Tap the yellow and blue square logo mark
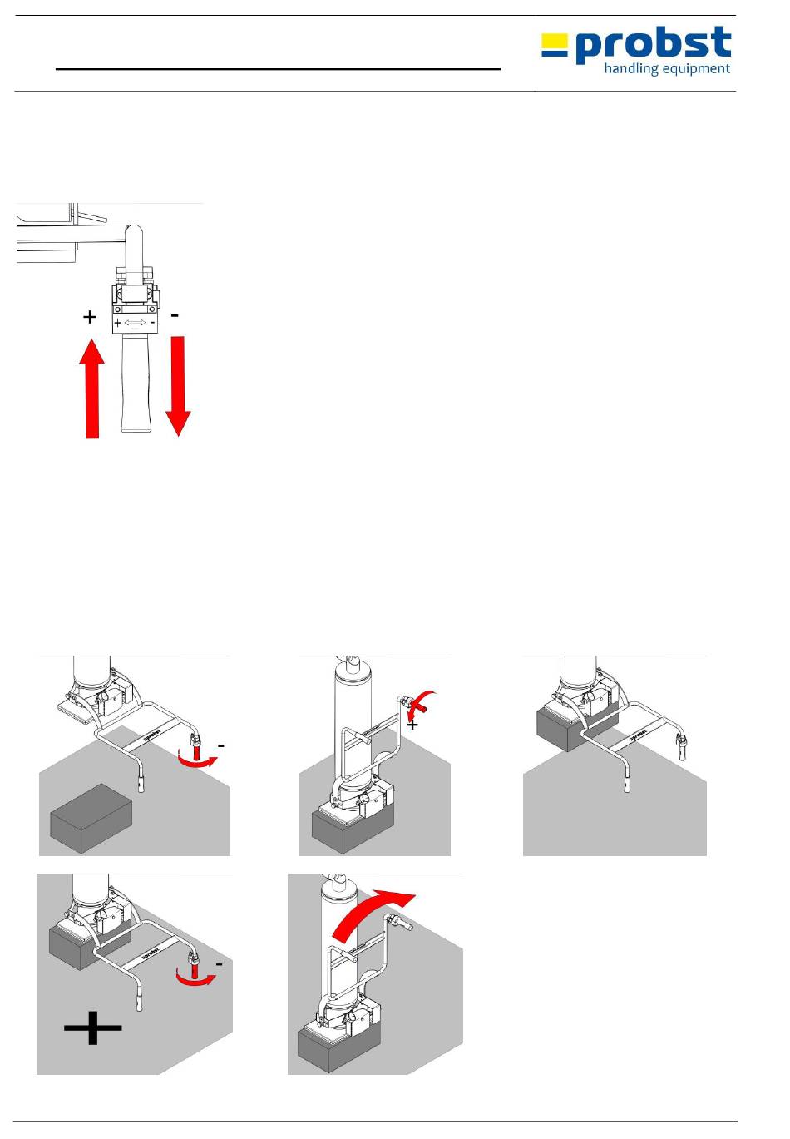point(554,44)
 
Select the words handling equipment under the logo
point(667,69)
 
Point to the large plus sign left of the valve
point(89,317)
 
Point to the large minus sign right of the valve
point(175,316)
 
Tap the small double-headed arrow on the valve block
point(135,322)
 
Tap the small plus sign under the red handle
point(412,725)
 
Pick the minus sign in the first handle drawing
point(222,745)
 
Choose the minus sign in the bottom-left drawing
point(219,963)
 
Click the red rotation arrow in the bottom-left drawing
point(197,976)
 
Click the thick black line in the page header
point(278,69)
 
